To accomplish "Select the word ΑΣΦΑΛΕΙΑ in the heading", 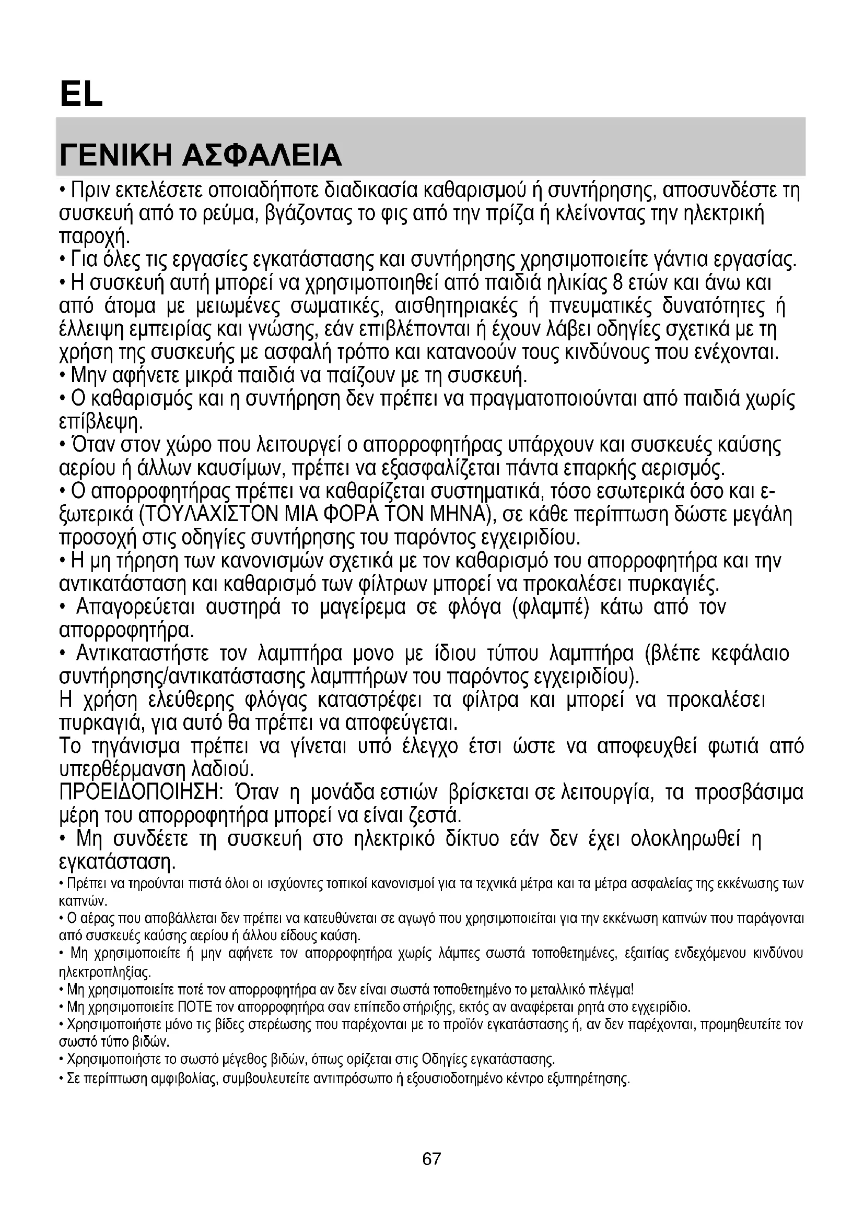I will point(261,155).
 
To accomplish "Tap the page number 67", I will point(431,1158).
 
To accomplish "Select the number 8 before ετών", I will point(617,283).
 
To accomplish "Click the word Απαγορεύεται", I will point(136,607).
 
